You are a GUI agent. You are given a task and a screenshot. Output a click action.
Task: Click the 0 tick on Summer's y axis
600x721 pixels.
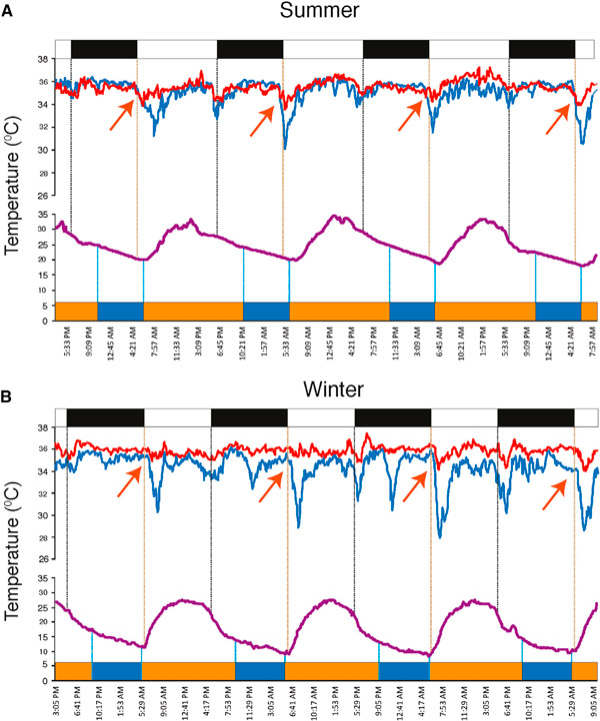click(x=45, y=322)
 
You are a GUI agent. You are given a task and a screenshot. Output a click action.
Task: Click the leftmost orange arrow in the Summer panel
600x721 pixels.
click(x=119, y=116)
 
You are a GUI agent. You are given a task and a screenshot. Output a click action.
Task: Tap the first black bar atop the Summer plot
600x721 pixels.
click(x=103, y=49)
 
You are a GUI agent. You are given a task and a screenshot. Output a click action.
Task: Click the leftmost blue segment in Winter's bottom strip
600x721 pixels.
click(x=116, y=670)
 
